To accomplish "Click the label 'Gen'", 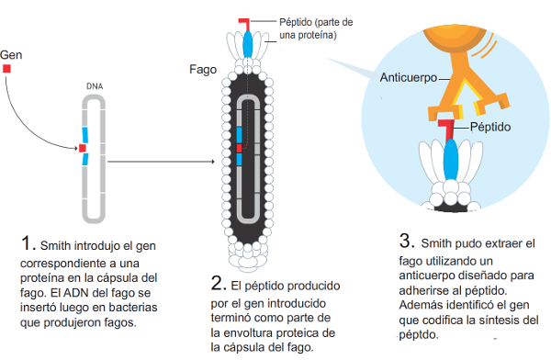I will click(x=12, y=53).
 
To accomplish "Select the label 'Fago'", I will click(x=203, y=69).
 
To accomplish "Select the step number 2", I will click(x=219, y=281).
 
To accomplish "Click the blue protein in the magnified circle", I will click(x=451, y=158).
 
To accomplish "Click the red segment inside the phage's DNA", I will click(x=239, y=147).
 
